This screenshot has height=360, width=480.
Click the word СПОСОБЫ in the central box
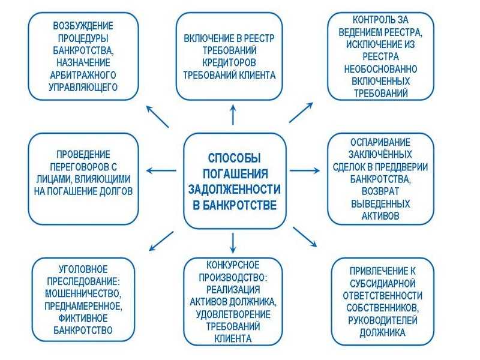[x=234, y=158]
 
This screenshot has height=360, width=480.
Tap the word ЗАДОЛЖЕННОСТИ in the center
[x=234, y=189]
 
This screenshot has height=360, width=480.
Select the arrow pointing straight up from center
[x=233, y=115]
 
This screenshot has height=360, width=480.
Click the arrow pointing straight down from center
[x=233, y=243]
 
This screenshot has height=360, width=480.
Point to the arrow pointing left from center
[x=161, y=170]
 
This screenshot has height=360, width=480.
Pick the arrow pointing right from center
[x=305, y=170]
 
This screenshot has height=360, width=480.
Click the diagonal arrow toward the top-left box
[x=157, y=116]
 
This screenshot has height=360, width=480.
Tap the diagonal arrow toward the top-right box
[x=301, y=112]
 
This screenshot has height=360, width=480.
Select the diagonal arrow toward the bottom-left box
[x=161, y=241]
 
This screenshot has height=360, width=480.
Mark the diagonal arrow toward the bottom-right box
[x=305, y=236]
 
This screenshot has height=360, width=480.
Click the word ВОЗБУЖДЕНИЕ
[x=83, y=26]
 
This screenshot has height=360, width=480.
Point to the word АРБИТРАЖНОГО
[x=83, y=74]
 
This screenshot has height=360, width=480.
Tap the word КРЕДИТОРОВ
[x=229, y=62]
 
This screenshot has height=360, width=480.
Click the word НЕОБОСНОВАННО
[x=380, y=69]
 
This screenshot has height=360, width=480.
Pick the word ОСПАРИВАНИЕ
[x=380, y=142]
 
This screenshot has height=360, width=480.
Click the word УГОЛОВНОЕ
[x=83, y=269]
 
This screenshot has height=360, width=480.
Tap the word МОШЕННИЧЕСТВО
[x=83, y=293]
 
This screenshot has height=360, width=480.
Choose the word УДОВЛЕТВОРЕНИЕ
[x=233, y=314]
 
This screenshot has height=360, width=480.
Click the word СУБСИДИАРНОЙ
[x=382, y=283]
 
